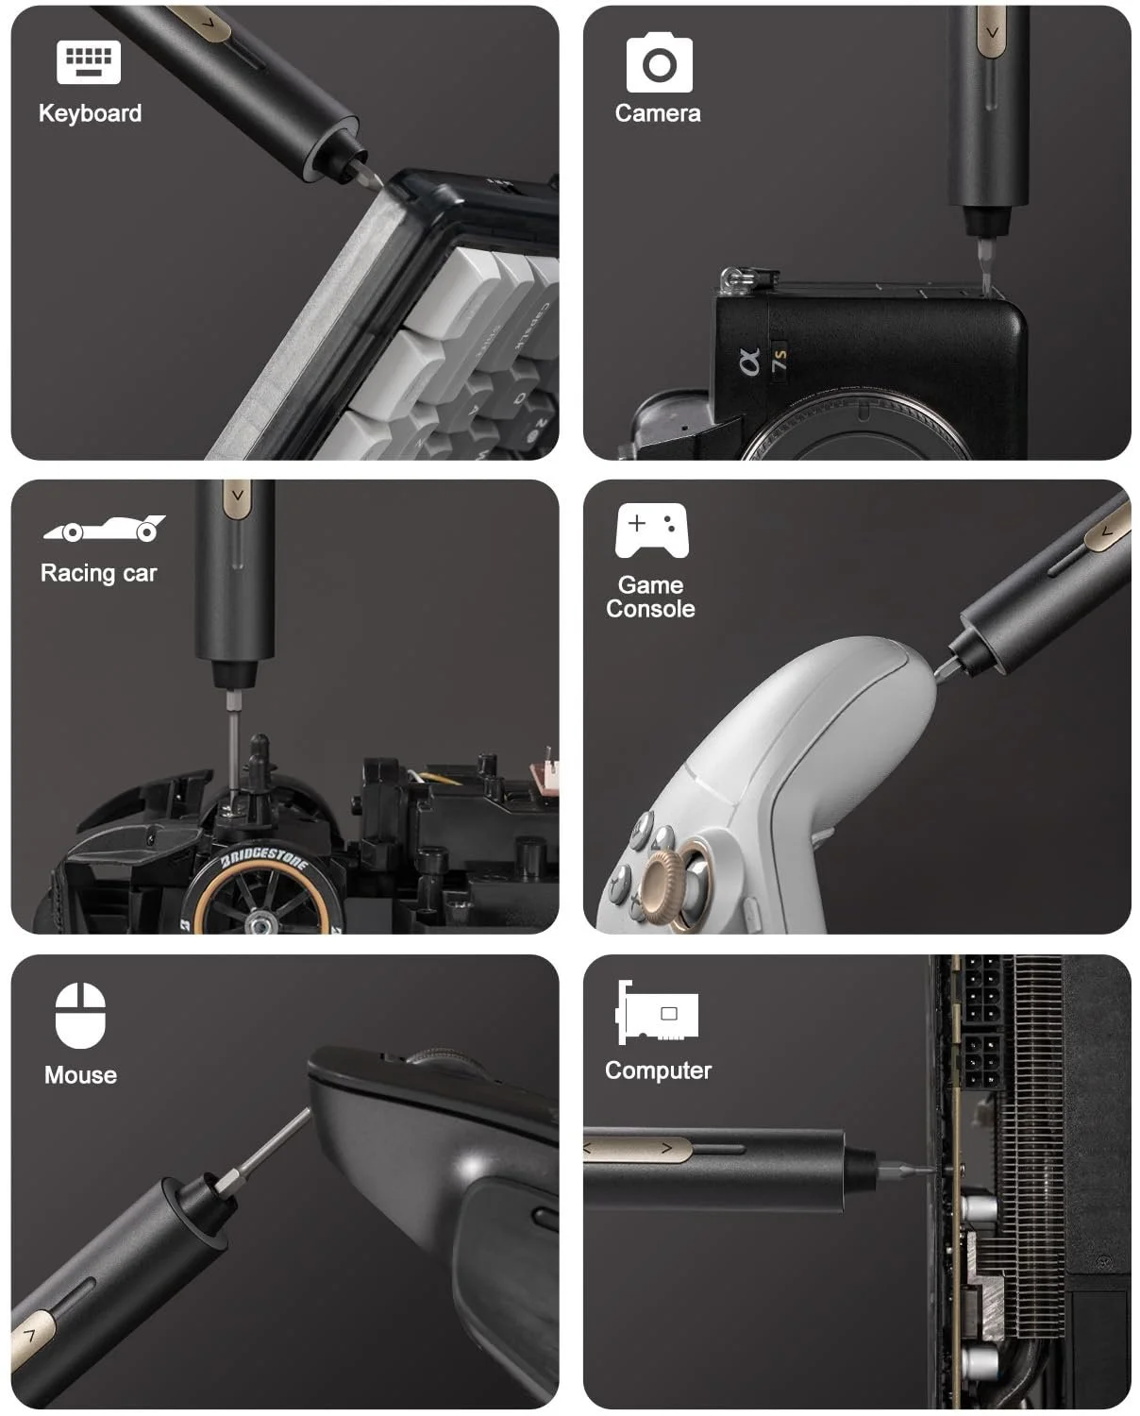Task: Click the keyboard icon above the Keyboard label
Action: click(88, 62)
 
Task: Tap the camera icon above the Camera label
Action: click(659, 62)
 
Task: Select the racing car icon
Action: click(104, 529)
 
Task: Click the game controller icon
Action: click(652, 531)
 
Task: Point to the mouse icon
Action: click(80, 1016)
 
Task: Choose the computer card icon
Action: click(657, 1012)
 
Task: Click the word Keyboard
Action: click(90, 113)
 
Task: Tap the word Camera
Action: click(658, 113)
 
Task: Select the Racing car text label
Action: click(99, 573)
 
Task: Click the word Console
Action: click(650, 609)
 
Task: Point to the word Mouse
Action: click(81, 1075)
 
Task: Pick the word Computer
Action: click(659, 1070)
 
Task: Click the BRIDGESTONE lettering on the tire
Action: click(264, 858)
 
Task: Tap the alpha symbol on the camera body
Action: click(749, 362)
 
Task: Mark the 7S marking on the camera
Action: click(780, 360)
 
